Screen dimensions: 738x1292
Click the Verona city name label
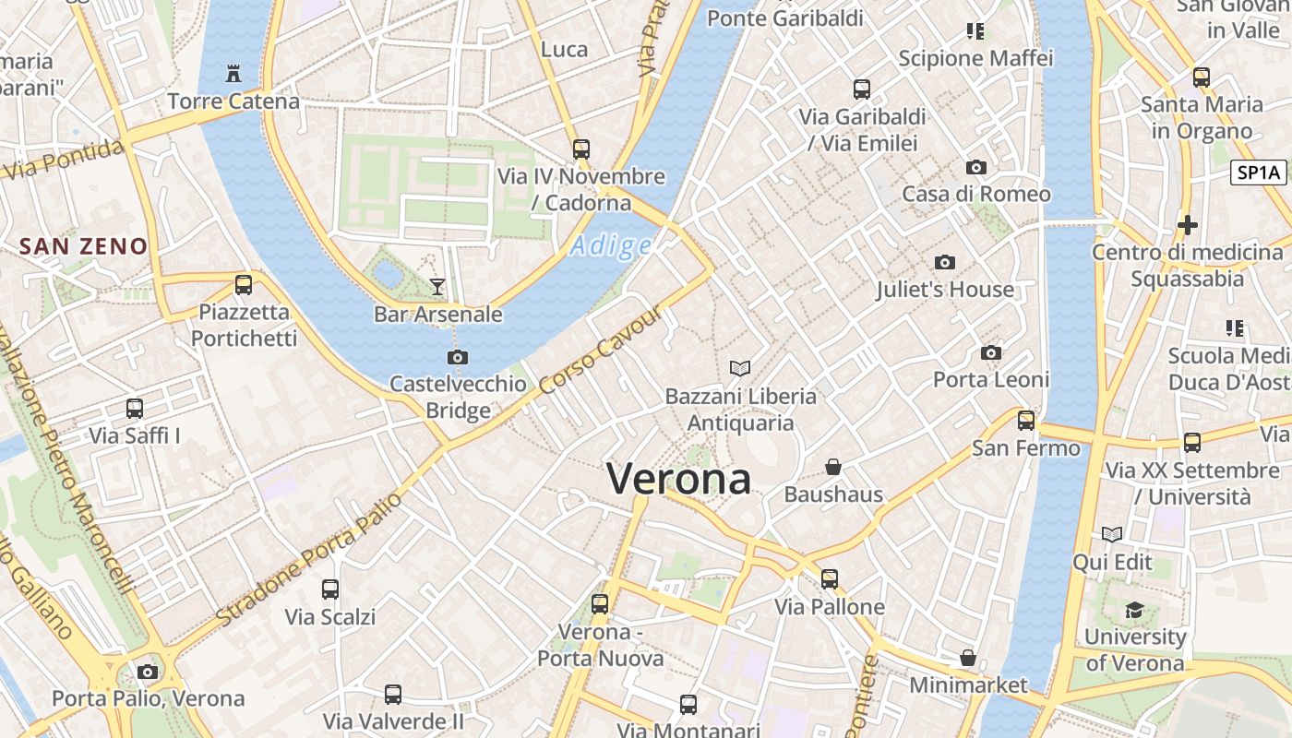point(678,479)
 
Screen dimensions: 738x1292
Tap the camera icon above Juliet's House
point(944,263)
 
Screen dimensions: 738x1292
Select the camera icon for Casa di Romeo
point(975,168)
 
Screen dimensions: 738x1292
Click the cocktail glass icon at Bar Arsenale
point(437,287)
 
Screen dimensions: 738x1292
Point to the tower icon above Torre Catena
point(233,73)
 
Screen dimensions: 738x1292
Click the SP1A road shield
point(1259,173)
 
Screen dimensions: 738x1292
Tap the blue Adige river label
point(611,246)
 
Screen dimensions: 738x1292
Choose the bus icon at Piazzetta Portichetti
point(244,285)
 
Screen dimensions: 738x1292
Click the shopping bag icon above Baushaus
point(833,467)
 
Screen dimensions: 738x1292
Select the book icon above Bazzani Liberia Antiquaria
point(740,369)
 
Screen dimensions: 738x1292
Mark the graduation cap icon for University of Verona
point(1134,610)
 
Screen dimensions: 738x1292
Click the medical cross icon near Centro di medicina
point(1188,224)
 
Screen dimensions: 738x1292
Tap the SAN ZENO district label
point(83,246)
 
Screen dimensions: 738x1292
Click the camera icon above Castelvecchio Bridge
point(457,357)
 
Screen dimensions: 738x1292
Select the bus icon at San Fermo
point(1026,422)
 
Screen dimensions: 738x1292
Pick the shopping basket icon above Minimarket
point(968,658)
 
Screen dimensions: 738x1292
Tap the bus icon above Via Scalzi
point(329,589)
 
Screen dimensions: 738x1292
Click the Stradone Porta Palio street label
point(310,559)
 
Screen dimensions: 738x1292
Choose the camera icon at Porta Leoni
point(991,353)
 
